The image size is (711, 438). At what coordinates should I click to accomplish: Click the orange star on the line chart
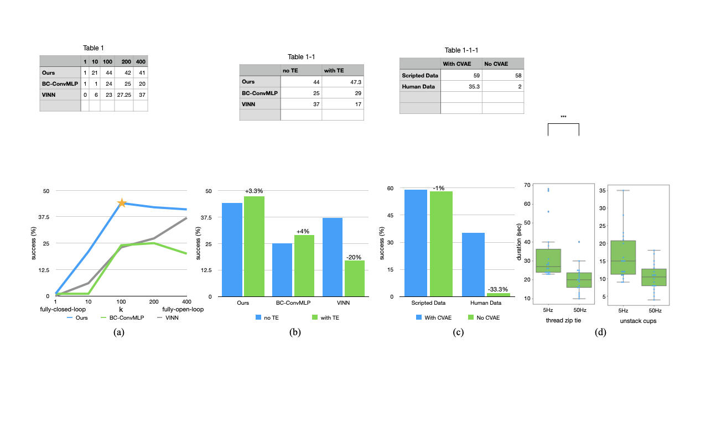(x=122, y=203)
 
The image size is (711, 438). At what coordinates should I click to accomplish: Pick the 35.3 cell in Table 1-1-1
(x=461, y=86)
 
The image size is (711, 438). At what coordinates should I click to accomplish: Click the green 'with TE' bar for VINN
(x=355, y=278)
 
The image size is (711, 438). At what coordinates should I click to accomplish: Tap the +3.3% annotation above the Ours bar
(x=254, y=191)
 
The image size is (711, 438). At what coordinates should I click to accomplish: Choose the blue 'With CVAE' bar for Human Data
(x=473, y=264)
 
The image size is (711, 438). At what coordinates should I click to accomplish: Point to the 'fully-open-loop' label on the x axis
(x=182, y=309)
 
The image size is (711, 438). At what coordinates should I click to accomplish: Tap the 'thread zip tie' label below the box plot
(x=561, y=321)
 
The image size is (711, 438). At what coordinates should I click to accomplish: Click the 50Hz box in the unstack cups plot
(x=653, y=277)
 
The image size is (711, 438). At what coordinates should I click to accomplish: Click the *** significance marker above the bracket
(x=563, y=117)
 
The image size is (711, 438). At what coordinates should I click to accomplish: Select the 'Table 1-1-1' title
(x=461, y=50)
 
